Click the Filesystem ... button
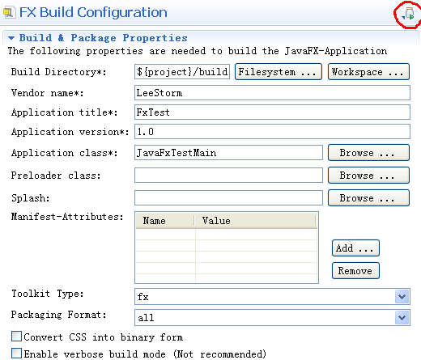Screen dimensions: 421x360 [x=279, y=72]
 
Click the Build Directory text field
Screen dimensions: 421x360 [x=182, y=72]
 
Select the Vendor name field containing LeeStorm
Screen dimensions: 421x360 [x=272, y=93]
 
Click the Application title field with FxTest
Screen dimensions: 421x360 [x=272, y=112]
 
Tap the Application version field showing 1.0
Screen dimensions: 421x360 [x=272, y=132]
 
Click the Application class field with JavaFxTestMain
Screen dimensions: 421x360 [x=228, y=153]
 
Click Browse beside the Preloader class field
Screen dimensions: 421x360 [x=368, y=176]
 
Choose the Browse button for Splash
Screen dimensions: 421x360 [x=368, y=198]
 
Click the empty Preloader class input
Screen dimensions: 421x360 [x=228, y=176]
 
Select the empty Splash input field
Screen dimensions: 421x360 [x=228, y=198]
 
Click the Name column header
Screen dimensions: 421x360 [x=165, y=221]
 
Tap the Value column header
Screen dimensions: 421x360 [x=255, y=221]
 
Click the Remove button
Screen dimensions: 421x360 [x=355, y=270]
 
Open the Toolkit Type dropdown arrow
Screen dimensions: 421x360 [x=402, y=297]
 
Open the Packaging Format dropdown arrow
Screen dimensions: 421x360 [x=402, y=318]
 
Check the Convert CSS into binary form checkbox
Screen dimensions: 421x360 [x=17, y=337]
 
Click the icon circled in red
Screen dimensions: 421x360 [x=408, y=14]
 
